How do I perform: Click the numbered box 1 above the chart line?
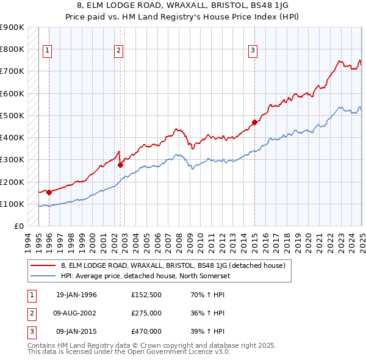(48, 51)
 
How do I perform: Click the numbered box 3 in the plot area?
(253, 51)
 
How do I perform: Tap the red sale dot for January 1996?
(49, 192)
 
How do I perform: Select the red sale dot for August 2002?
(120, 165)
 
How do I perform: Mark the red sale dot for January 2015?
(254, 121)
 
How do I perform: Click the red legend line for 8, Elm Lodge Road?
(43, 265)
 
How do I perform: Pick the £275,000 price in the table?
(146, 313)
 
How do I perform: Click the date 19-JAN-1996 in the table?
(76, 295)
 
